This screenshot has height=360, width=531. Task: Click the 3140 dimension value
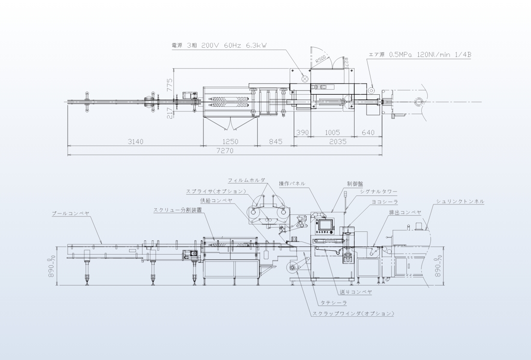(x=135, y=142)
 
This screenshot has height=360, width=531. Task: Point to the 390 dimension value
(x=302, y=133)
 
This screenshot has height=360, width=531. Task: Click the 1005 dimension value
(x=332, y=133)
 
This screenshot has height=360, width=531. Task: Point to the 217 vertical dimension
(x=170, y=113)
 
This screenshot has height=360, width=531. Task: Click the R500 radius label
(x=321, y=58)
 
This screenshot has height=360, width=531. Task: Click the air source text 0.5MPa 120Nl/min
(x=420, y=54)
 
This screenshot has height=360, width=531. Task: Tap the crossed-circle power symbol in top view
(x=305, y=78)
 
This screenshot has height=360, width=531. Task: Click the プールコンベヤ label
(x=71, y=213)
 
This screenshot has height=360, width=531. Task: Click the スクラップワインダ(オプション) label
(x=353, y=314)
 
